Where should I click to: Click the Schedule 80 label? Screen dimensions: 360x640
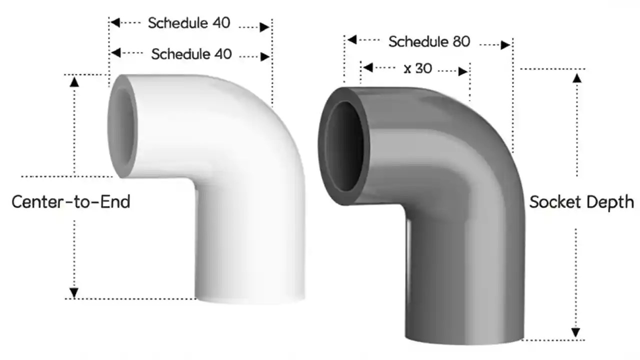(x=429, y=41)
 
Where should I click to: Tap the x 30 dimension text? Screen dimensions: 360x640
(x=417, y=68)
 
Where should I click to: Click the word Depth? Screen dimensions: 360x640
(x=610, y=202)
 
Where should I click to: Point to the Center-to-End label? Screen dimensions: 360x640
(x=70, y=201)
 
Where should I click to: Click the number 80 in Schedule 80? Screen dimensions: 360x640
(x=461, y=41)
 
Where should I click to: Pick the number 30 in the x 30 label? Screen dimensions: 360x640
(x=423, y=68)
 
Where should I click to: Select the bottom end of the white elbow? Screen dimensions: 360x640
(x=250, y=299)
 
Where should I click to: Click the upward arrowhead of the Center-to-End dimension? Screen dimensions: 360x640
(x=74, y=80)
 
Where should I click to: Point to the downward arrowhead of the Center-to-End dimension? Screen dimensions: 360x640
(x=74, y=292)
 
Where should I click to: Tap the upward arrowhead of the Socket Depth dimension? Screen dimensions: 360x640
(x=577, y=77)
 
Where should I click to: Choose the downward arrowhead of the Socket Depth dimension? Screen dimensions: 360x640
(x=576, y=332)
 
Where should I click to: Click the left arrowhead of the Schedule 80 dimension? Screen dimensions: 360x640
(x=351, y=39)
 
